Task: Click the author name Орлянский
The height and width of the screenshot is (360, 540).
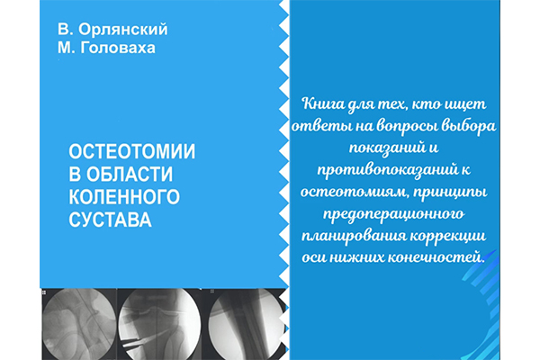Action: (123, 30)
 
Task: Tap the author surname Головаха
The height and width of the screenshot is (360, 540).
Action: (118, 48)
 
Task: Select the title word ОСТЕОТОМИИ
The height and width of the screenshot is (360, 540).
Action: (132, 151)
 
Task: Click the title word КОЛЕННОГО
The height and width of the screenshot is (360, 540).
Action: (124, 197)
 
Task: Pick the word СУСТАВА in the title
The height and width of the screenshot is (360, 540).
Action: (110, 220)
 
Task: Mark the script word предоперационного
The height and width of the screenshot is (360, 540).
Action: (393, 214)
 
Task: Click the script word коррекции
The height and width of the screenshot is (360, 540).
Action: (444, 237)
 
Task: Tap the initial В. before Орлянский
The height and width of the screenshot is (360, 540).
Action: (66, 30)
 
